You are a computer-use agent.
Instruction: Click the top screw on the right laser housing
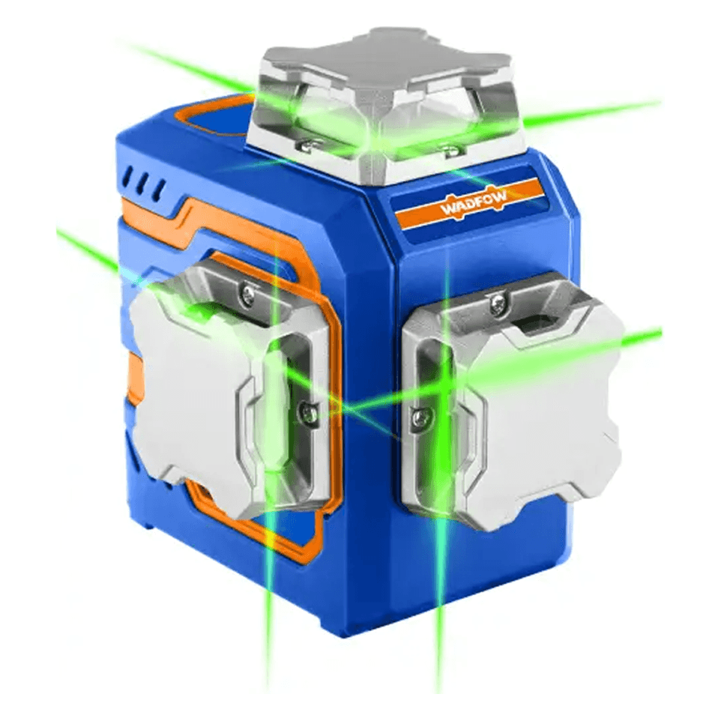click(x=497, y=303)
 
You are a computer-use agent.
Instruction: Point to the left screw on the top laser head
click(x=309, y=147)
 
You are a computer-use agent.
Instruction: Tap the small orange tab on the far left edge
click(x=133, y=378)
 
